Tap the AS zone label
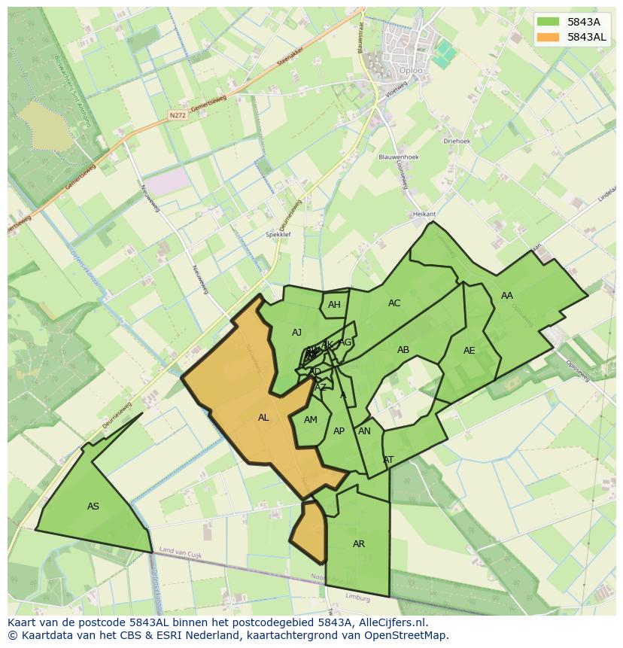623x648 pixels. click(x=93, y=507)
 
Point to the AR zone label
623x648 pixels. click(x=359, y=544)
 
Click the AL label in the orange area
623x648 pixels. click(x=263, y=418)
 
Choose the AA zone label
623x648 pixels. click(x=507, y=296)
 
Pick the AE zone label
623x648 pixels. click(x=470, y=351)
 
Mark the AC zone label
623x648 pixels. click(x=394, y=303)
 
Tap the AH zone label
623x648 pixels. click(x=334, y=305)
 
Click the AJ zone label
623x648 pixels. click(x=296, y=333)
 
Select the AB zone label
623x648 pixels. click(x=403, y=350)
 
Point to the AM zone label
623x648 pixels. click(x=311, y=420)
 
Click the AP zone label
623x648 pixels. click(x=339, y=431)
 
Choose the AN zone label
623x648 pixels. click(x=364, y=431)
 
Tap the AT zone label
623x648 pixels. click(x=388, y=459)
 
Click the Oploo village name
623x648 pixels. click(x=411, y=71)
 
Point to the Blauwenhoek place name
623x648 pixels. click(x=399, y=157)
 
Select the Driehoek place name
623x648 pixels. click(x=457, y=141)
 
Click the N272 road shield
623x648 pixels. click(x=178, y=115)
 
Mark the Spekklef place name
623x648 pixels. click(x=278, y=235)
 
